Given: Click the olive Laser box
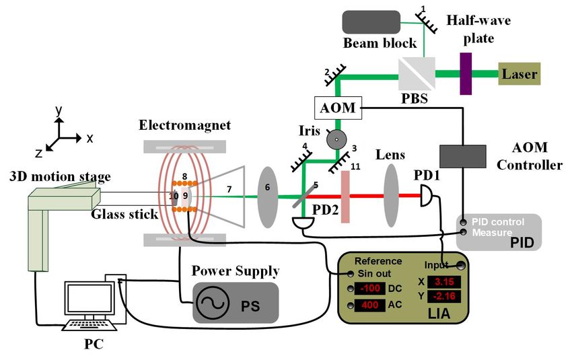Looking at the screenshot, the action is (519, 73).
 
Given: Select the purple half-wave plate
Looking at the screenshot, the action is (466, 73).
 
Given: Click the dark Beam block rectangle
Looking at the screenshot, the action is (371, 22).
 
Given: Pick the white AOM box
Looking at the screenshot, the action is (338, 108).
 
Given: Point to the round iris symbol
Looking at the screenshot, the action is (336, 139).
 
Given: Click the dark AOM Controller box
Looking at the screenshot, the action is (462, 157).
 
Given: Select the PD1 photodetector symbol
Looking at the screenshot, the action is (427, 196).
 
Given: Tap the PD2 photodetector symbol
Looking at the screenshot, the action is (303, 223).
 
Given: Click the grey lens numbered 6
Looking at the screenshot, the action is (268, 197).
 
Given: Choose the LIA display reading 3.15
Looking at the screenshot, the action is (443, 282).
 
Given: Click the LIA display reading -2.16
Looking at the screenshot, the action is (443, 296).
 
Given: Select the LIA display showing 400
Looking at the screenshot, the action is (369, 305).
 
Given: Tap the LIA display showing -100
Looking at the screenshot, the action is (369, 289).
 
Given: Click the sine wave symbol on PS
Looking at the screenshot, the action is (212, 303).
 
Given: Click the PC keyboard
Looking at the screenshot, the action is (89, 325).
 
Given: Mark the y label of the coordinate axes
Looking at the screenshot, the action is (59, 110).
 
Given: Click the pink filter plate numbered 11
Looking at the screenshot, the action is (345, 196).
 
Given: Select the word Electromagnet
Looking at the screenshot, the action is (184, 125).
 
